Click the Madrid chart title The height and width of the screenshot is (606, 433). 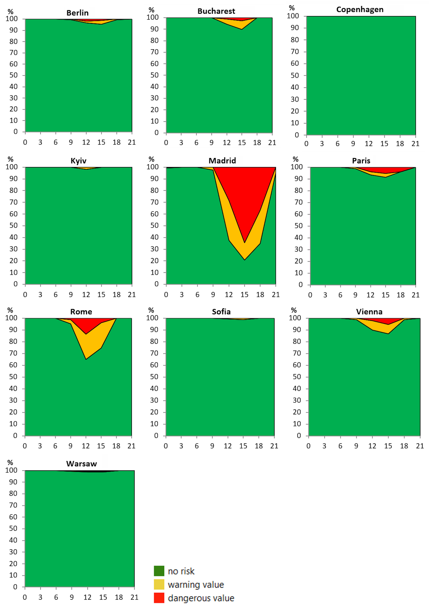pyautogui.click(x=222, y=161)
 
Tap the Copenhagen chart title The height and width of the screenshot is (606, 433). pyautogui.click(x=360, y=10)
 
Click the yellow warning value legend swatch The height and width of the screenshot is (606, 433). pyautogui.click(x=159, y=584)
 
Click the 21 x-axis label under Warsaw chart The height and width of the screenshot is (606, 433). pyautogui.click(x=134, y=597)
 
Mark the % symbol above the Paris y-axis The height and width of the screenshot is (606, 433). pyautogui.click(x=295, y=159)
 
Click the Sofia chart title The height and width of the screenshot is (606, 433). pyautogui.click(x=221, y=312)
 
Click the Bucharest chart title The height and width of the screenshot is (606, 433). pyautogui.click(x=216, y=11)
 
